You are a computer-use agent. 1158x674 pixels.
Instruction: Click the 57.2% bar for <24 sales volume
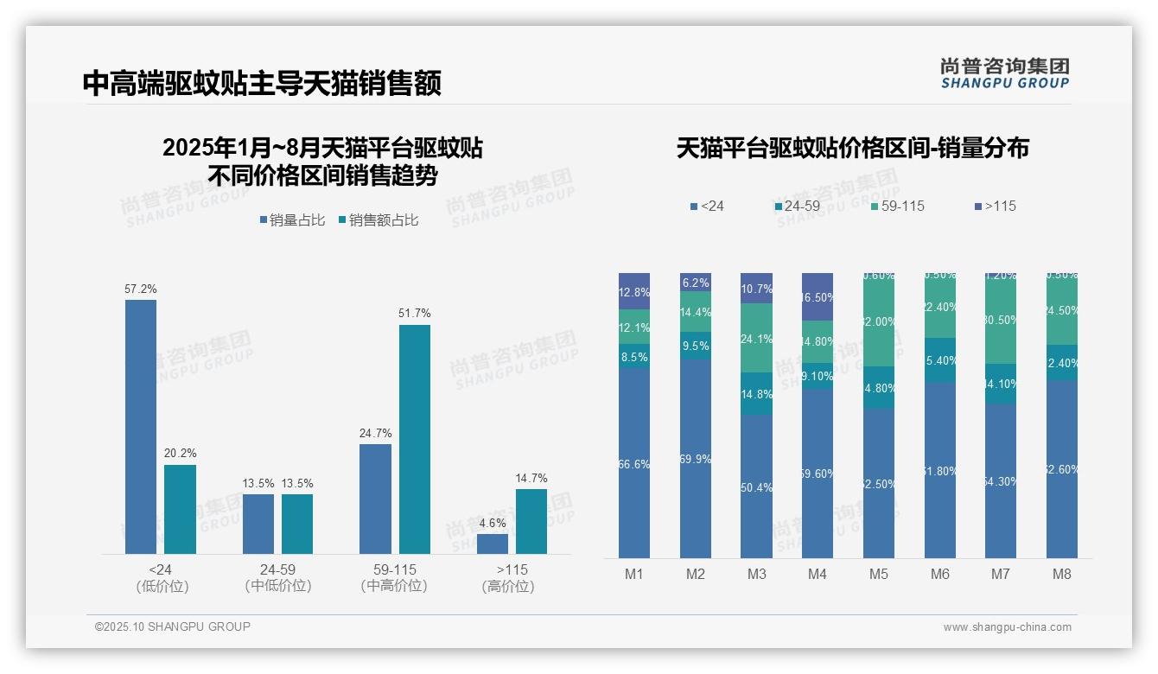[x=141, y=426]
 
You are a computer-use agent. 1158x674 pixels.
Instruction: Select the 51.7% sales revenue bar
[x=415, y=439]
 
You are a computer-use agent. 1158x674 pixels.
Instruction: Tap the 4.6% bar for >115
[x=493, y=544]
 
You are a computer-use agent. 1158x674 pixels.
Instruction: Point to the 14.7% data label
[x=531, y=479]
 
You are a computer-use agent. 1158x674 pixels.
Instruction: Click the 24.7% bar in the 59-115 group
[x=375, y=499]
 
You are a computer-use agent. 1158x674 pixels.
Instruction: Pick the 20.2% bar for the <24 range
[x=180, y=509]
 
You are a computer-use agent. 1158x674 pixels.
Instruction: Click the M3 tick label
[x=756, y=575]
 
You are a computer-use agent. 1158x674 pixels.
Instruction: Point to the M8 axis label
[x=1062, y=575]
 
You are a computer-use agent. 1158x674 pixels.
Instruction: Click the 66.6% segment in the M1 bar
[x=634, y=463]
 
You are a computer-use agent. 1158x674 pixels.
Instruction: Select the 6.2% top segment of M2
[x=696, y=283]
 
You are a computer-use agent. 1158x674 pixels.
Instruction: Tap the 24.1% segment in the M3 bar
[x=756, y=338]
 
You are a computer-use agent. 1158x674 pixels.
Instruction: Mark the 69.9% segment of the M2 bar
[x=696, y=459]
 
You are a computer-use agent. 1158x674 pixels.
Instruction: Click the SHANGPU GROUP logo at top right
[x=1004, y=73]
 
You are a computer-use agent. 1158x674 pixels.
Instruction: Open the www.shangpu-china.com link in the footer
[x=1007, y=627]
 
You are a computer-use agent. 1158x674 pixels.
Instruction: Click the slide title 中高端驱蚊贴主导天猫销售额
[x=262, y=83]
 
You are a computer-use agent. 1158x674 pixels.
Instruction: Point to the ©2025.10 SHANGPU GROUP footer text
[x=173, y=626]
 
